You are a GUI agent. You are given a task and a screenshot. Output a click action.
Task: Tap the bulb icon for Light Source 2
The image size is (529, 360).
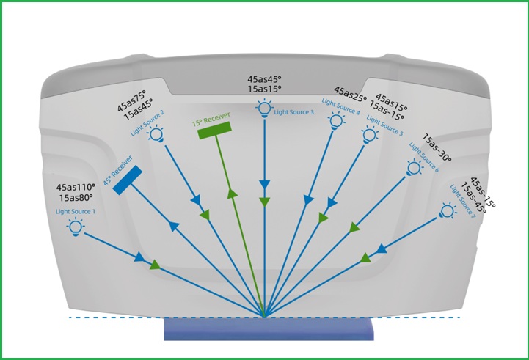(x=156, y=133)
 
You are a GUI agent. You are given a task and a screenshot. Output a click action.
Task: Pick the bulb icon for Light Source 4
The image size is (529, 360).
(x=336, y=120)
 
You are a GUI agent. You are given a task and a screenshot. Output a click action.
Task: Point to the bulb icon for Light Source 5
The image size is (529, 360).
(x=369, y=134)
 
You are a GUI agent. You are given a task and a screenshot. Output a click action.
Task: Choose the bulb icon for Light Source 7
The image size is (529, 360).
(x=446, y=212)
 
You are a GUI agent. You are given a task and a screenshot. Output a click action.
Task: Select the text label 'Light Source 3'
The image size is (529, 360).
(x=293, y=112)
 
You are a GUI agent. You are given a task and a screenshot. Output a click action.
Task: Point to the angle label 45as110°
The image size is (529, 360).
(x=79, y=187)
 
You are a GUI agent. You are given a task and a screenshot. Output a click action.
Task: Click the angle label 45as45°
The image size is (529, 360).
(x=264, y=78)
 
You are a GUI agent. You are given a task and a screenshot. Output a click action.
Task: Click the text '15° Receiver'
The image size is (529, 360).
(x=211, y=117)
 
